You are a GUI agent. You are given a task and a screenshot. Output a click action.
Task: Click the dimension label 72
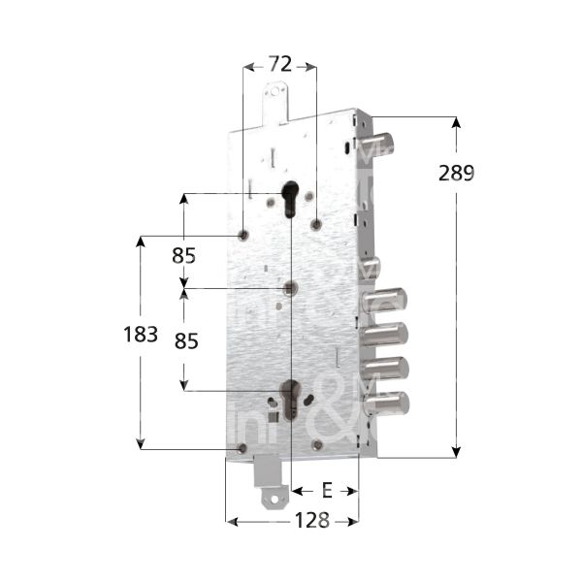pyautogui.click(x=279, y=66)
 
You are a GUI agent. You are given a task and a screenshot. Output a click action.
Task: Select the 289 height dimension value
pyautogui.click(x=455, y=174)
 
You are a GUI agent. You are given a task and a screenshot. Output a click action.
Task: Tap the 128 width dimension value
pyautogui.click(x=312, y=520)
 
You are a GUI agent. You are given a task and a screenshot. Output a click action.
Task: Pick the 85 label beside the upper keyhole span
pyautogui.click(x=184, y=256)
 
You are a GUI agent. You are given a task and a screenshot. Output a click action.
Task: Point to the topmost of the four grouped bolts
pyautogui.click(x=385, y=300)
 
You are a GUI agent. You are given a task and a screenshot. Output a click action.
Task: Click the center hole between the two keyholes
pyautogui.click(x=290, y=288)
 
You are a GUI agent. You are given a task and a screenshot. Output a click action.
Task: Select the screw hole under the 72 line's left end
pyautogui.click(x=242, y=234)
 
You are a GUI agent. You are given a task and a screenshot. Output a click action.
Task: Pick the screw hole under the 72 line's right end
pyautogui.click(x=316, y=225)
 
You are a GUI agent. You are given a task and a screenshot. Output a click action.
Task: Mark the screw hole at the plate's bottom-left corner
pyautogui.click(x=242, y=447)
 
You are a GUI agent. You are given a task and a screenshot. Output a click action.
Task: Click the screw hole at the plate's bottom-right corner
pyautogui.click(x=317, y=444)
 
